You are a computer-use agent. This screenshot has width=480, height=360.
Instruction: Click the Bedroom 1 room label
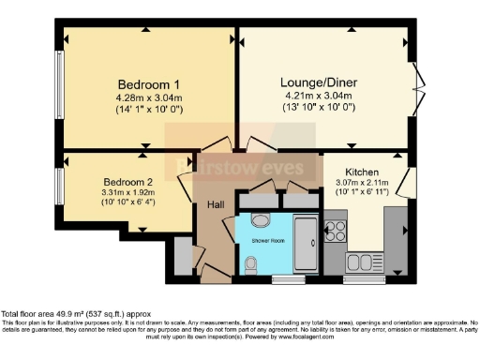[x=149, y=82]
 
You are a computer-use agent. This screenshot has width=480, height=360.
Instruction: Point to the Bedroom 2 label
[x=126, y=180]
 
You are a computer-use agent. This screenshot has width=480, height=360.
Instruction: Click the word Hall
[x=215, y=204]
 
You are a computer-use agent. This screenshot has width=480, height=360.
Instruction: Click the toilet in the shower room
[x=247, y=266]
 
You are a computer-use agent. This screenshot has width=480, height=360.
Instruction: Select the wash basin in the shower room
[x=261, y=220]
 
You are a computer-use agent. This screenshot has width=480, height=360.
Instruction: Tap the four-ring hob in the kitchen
[x=336, y=229]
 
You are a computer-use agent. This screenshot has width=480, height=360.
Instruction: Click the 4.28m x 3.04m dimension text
[x=149, y=97]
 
